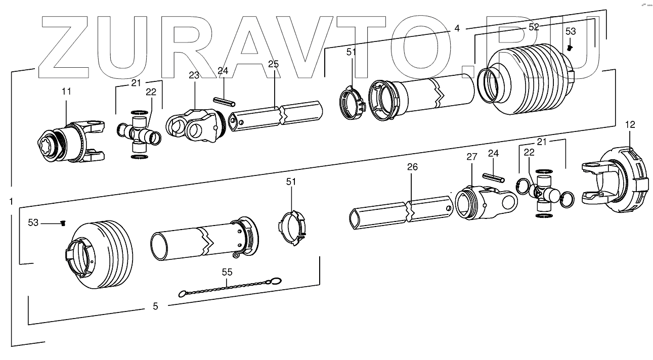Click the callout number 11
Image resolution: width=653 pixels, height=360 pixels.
click(x=67, y=91)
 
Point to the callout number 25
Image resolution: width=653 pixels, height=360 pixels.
click(x=273, y=64)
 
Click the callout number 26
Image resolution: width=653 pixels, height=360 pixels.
click(x=412, y=167)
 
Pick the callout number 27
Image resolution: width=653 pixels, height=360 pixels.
click(x=471, y=157)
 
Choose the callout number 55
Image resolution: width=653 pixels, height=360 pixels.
click(x=227, y=272)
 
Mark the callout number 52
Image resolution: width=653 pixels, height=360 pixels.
click(x=534, y=27)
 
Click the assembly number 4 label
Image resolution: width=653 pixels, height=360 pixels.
click(x=457, y=28)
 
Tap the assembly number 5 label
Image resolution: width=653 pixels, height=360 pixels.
click(x=155, y=306)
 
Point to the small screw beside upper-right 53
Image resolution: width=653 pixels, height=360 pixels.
click(x=570, y=48)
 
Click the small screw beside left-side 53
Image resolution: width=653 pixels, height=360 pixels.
click(x=63, y=223)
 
